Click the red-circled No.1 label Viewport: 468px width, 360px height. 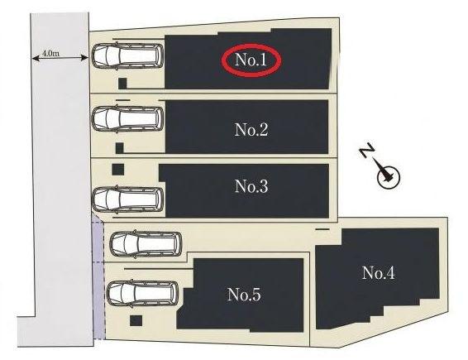click(x=251, y=60)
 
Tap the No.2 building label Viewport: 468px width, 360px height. click(x=251, y=130)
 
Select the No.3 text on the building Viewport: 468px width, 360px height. click(x=251, y=186)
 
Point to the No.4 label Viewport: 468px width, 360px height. click(x=379, y=273)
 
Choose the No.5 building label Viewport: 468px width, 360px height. click(x=244, y=295)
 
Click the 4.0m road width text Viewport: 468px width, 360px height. click(x=51, y=54)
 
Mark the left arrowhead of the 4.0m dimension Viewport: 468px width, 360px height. click(x=35, y=58)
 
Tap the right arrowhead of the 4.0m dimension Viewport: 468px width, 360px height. click(x=85, y=58)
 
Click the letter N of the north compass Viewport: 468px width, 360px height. click(x=368, y=150)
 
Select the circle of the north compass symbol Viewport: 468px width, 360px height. click(x=389, y=177)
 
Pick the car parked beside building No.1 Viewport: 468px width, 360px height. click(x=127, y=56)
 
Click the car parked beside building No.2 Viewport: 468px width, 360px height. click(x=127, y=118)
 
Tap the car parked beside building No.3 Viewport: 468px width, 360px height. click(x=127, y=199)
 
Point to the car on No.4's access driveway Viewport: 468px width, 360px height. click(x=146, y=243)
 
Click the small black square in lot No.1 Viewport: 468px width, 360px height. click(x=122, y=83)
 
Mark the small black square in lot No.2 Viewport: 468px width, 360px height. click(x=119, y=147)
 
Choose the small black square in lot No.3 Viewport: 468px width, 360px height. click(x=118, y=170)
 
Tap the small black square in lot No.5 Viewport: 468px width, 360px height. click(x=136, y=321)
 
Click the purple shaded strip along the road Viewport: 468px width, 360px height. click(x=98, y=280)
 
